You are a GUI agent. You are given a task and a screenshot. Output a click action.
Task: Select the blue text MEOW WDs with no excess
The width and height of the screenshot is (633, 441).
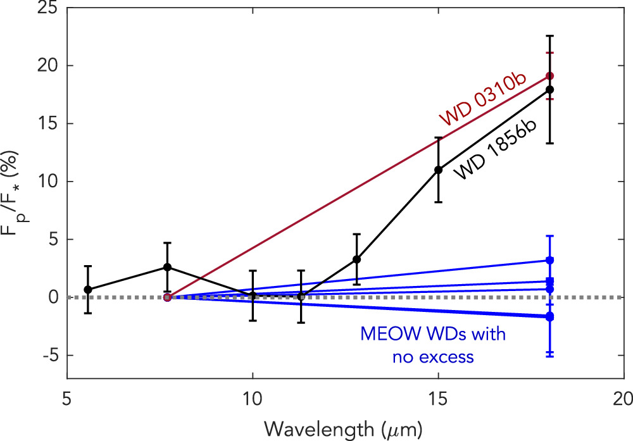coord(433,345)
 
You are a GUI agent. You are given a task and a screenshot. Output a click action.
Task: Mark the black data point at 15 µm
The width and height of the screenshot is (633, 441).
coord(438,170)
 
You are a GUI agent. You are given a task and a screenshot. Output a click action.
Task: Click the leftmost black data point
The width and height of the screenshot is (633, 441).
coord(88,289)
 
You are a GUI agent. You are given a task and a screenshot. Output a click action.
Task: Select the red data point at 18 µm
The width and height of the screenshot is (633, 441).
coord(549,76)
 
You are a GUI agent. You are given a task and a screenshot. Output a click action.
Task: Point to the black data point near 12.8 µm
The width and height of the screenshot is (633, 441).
coord(356,259)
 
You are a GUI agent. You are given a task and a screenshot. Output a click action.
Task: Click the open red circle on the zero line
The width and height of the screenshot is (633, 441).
coord(167,297)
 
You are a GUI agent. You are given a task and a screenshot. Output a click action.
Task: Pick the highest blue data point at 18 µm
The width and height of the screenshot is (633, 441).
coord(549,260)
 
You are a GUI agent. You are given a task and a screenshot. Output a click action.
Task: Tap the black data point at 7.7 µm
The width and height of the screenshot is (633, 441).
coord(167,267)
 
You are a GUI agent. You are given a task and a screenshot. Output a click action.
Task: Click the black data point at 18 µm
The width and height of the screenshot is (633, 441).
coord(549,89)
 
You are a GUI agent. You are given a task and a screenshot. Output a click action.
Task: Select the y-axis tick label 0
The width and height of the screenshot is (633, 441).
coord(54,297)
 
